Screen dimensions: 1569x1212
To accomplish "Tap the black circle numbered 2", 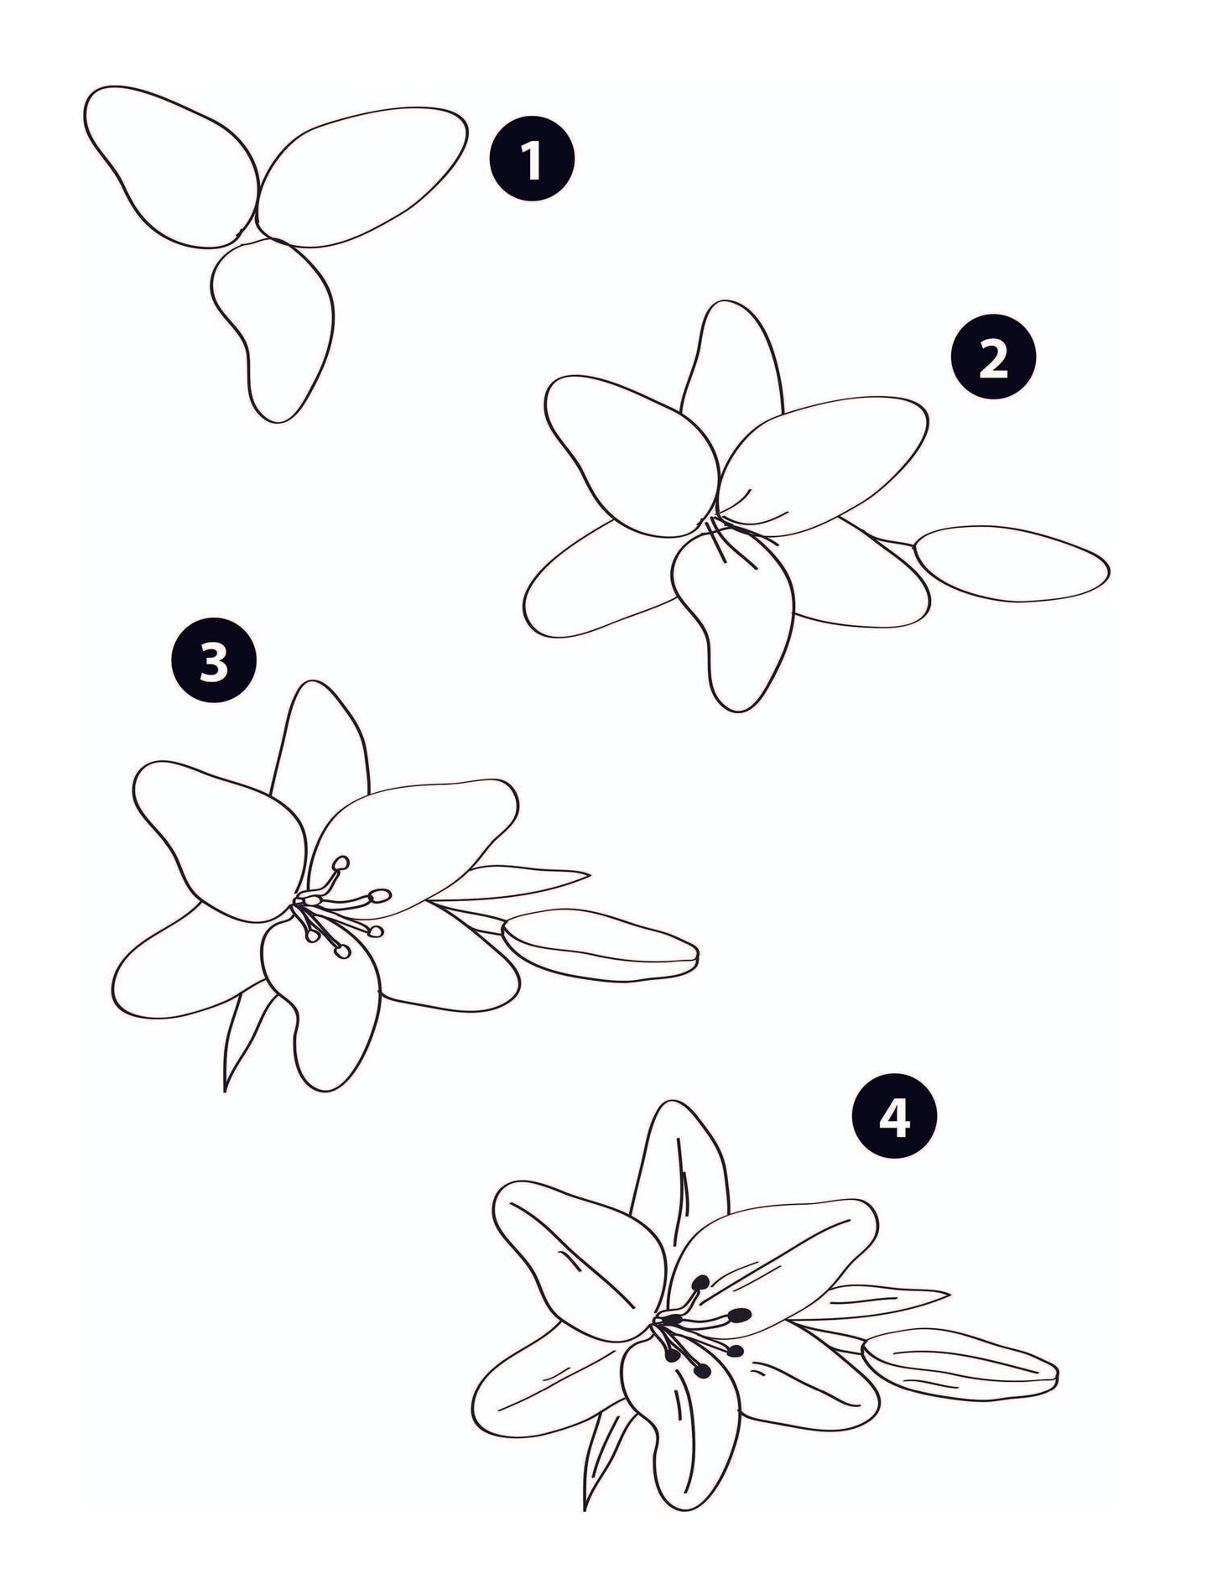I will [x=992, y=359].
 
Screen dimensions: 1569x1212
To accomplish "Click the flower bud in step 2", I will [x=1011, y=563].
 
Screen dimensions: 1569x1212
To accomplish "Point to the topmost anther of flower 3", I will [x=341, y=863].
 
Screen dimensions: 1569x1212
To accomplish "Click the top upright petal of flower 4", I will [x=679, y=1166].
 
